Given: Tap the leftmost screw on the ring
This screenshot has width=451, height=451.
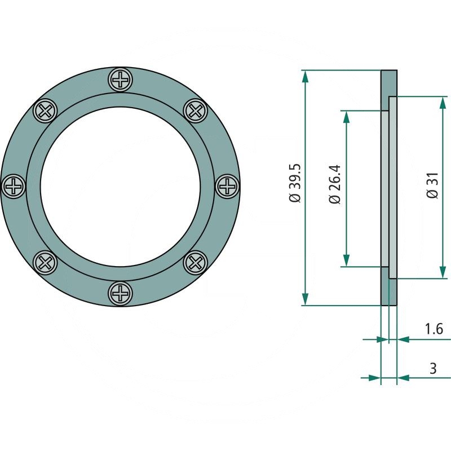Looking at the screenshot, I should point(14,185).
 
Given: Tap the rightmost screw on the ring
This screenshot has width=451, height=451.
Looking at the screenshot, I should point(227,185).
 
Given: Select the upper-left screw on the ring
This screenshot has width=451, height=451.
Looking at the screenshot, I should point(45,110).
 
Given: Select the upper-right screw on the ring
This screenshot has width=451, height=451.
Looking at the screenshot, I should point(196,110).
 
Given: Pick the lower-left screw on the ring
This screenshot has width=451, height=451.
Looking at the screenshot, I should point(45,262).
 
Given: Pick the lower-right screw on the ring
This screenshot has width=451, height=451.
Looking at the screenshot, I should point(196,262).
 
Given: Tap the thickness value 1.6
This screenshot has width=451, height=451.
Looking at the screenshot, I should point(433,328).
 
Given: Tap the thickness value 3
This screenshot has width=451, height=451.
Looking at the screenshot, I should point(433,369).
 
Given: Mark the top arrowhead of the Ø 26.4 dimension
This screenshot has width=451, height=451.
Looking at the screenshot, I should point(346,116).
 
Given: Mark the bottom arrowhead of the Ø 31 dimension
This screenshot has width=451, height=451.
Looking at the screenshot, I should point(443,273).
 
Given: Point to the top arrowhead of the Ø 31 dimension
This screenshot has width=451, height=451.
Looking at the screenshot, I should point(443,101).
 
